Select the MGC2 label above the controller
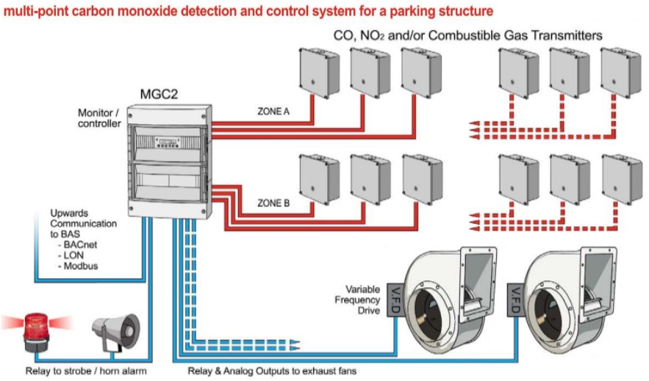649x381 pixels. coord(159,94)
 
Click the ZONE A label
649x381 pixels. coord(273,111)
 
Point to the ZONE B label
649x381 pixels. coord(273,203)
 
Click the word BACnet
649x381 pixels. coord(80,244)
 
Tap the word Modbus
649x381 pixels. coord(81,266)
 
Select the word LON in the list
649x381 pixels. coord(73,255)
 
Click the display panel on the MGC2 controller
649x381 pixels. coord(168,143)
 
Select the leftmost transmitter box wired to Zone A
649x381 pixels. coord(319,73)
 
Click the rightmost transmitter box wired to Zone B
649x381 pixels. coord(422,179)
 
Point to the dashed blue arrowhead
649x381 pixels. coord(294,346)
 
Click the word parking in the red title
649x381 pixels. coord(411,10)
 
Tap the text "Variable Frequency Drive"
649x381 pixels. coord(357,300)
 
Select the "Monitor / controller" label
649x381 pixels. coord(99,118)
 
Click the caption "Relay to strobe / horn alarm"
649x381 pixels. coord(86,371)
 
